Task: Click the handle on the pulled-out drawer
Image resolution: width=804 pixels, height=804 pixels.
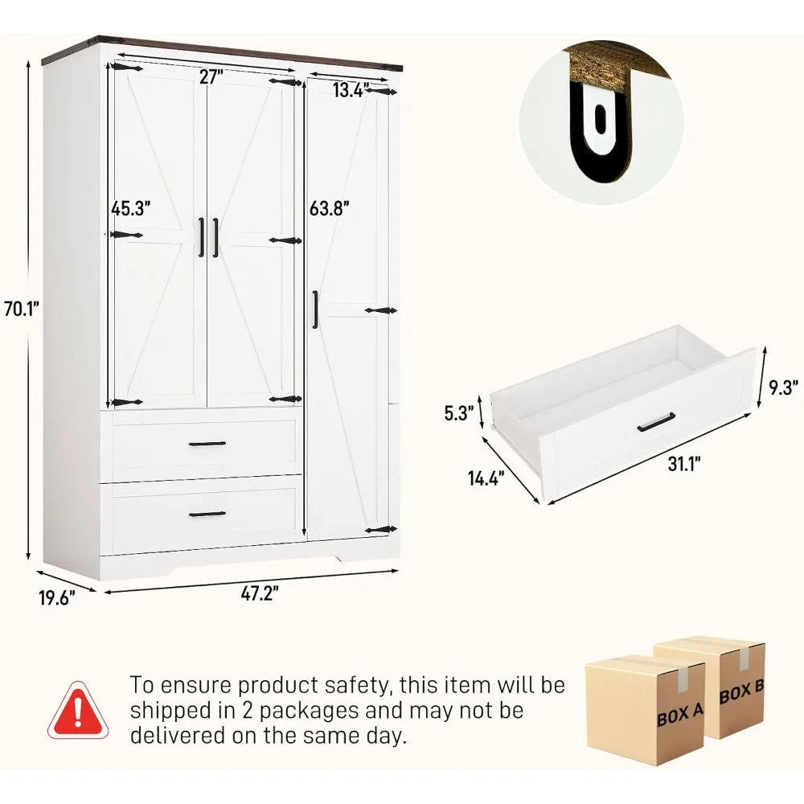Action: (x=656, y=421)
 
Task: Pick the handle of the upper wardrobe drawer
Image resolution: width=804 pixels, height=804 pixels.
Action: (x=207, y=444)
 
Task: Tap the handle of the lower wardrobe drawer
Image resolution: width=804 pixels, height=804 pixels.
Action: (x=207, y=514)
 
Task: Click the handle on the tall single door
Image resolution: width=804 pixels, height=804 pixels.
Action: (x=316, y=309)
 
